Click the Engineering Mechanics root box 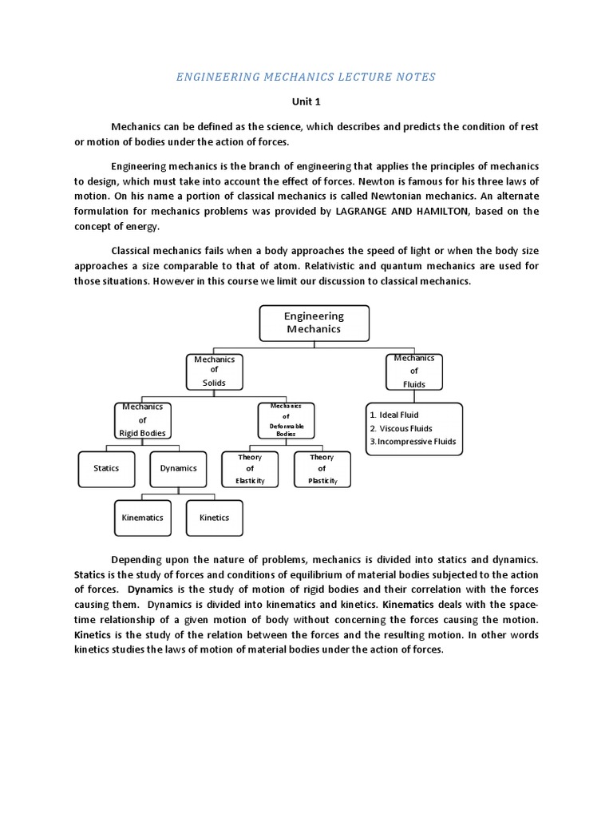tap(314, 323)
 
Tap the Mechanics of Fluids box tap(413, 371)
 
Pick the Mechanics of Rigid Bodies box tap(142, 419)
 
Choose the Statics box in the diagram tap(106, 469)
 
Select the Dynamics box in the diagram tap(178, 469)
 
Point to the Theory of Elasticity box tap(250, 469)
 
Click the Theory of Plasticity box tap(322, 469)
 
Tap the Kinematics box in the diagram tap(142, 518)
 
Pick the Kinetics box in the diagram tap(214, 518)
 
